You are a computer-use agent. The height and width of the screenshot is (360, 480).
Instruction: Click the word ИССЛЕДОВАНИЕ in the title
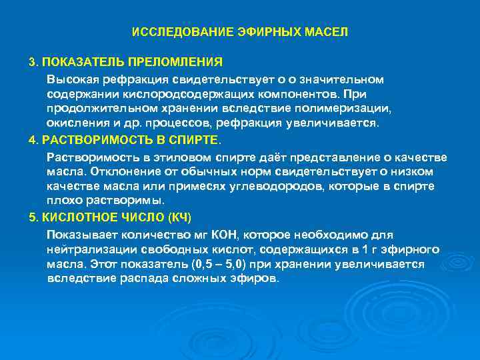[175, 32]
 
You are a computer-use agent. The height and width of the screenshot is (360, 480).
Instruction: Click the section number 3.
[32, 62]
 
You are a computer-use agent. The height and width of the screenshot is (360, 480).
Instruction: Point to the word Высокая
[69, 79]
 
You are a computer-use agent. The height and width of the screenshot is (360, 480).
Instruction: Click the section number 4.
[32, 141]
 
